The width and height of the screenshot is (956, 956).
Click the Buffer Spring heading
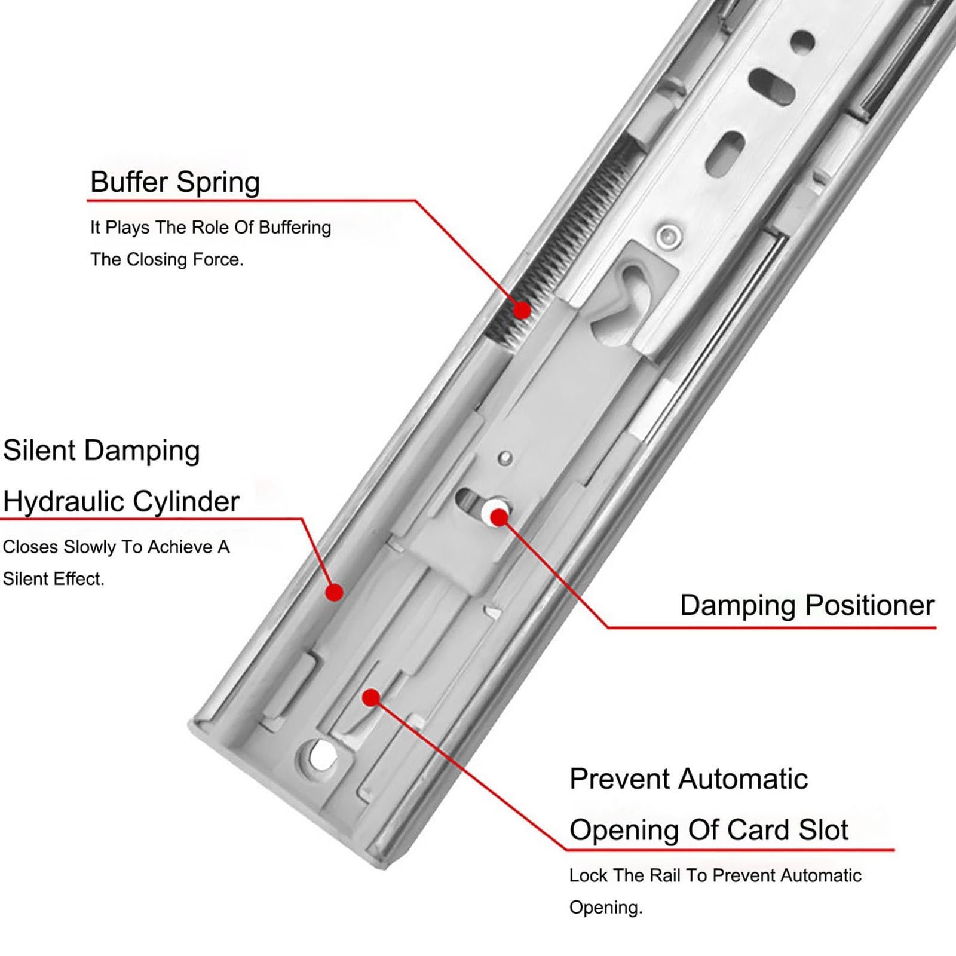(175, 182)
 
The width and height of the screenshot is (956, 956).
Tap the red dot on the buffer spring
(522, 310)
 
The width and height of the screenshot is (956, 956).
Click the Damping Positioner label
(807, 606)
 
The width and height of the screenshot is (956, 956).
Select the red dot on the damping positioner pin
(500, 518)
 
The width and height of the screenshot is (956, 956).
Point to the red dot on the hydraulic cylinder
(335, 592)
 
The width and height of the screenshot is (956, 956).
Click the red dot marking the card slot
(372, 697)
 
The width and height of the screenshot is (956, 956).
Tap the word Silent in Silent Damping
(38, 450)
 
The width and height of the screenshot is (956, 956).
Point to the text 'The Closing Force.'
(167, 260)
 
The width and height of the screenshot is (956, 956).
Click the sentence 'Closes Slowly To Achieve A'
(117, 547)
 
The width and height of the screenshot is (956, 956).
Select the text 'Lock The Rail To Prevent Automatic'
(715, 876)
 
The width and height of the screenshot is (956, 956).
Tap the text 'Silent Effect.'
(54, 579)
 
